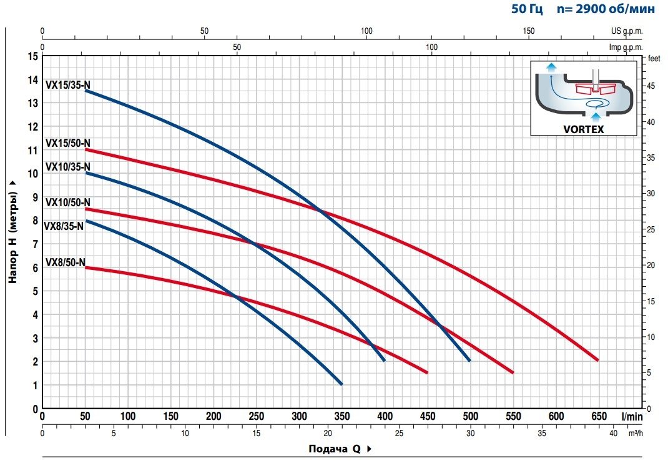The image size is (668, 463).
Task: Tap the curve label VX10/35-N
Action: (68, 166)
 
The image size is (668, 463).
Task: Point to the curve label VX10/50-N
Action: (68, 202)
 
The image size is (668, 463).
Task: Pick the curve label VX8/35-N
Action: (63, 226)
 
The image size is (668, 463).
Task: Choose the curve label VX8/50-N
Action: (65, 262)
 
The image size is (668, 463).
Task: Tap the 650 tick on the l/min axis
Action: (599, 417)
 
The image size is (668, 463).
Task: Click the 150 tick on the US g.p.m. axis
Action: (528, 31)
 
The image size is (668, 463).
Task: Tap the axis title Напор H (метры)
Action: (12, 231)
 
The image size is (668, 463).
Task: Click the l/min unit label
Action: (631, 417)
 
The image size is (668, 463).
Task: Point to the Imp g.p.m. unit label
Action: (626, 47)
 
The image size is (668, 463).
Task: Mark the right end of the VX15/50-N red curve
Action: (597, 360)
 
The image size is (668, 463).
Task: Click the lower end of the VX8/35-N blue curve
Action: (341, 384)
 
